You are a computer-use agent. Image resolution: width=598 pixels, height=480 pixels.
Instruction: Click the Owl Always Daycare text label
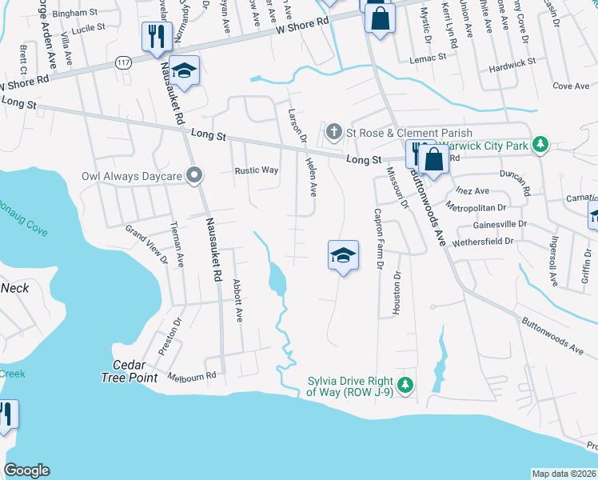click(131, 175)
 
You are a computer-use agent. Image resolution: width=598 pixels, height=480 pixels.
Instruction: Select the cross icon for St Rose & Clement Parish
click(333, 131)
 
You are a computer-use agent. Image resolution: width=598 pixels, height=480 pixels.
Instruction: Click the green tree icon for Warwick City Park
click(541, 145)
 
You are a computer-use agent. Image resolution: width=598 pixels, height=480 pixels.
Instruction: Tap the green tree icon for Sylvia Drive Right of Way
click(405, 386)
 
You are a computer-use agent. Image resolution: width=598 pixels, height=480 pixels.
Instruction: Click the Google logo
click(26, 470)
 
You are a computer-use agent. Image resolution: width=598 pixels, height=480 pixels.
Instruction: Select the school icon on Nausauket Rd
click(184, 72)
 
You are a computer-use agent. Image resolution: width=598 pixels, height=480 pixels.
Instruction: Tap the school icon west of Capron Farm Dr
click(343, 256)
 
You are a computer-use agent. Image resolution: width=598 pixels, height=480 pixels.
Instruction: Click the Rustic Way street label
click(256, 170)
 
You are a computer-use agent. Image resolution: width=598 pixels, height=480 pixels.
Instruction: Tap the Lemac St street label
click(428, 58)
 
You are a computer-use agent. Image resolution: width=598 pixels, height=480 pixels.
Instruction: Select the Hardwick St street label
click(513, 62)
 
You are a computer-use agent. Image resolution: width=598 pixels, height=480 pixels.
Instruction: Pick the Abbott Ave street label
click(237, 300)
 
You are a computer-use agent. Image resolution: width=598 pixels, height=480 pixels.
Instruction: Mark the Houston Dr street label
click(397, 293)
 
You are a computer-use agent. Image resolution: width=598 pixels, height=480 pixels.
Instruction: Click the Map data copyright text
click(564, 474)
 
